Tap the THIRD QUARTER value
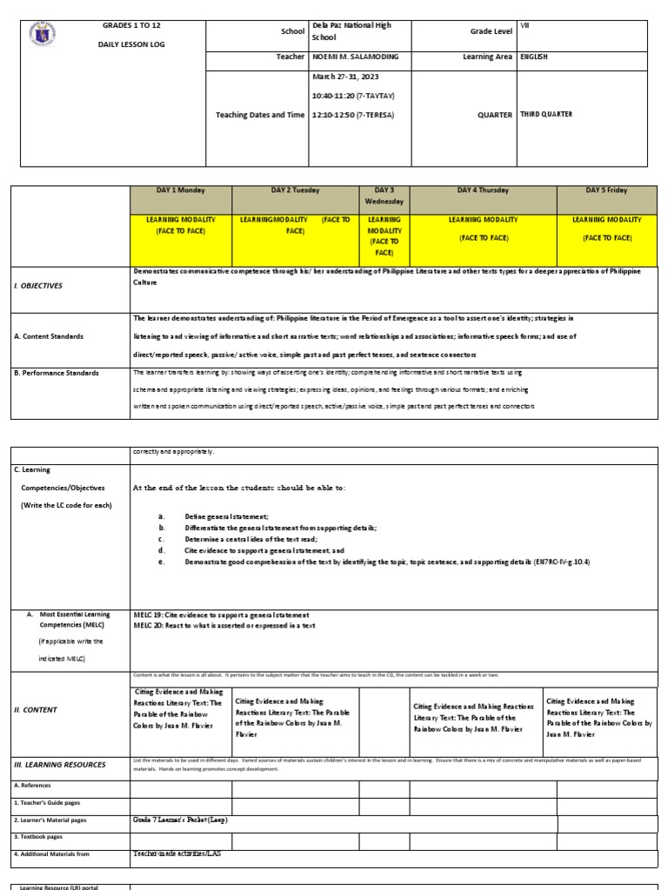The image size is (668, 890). click(x=546, y=114)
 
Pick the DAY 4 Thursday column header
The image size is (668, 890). click(x=483, y=190)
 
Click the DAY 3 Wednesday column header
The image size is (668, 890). click(x=384, y=196)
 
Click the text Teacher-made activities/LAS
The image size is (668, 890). click(x=177, y=853)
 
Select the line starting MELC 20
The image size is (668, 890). click(x=224, y=625)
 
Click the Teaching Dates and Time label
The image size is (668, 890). click(x=260, y=114)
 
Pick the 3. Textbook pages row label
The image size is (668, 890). click(x=38, y=836)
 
